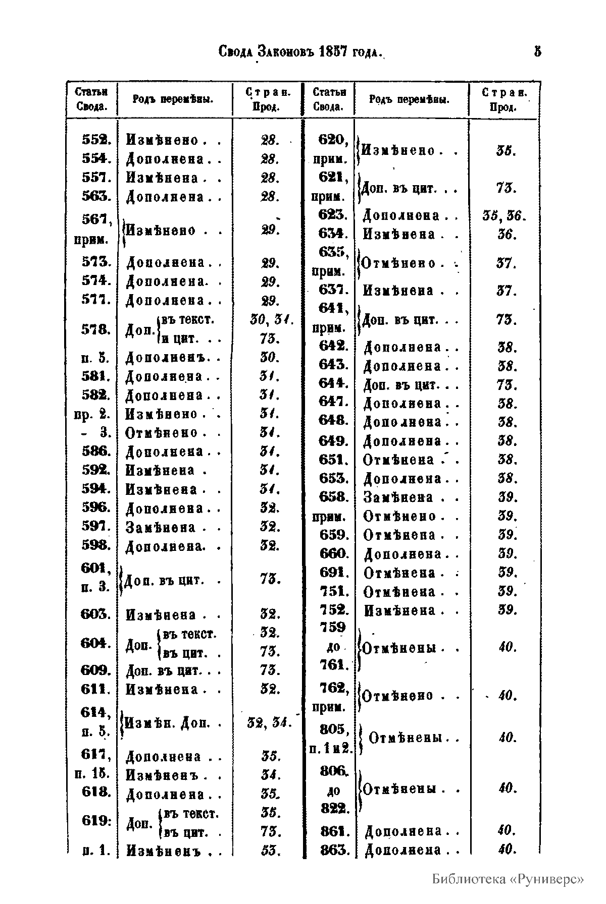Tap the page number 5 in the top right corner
pyautogui.click(x=537, y=51)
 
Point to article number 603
pyautogui.click(x=96, y=614)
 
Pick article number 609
pyautogui.click(x=96, y=670)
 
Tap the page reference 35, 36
pyautogui.click(x=504, y=216)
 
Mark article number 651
pyautogui.click(x=333, y=460)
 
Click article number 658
pyautogui.click(x=333, y=497)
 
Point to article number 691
pyautogui.click(x=333, y=573)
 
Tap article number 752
pyautogui.click(x=333, y=610)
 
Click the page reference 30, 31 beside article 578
pyautogui.click(x=268, y=319)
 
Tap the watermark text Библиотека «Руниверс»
pyautogui.click(x=508, y=879)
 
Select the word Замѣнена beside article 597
pyautogui.click(x=161, y=528)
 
